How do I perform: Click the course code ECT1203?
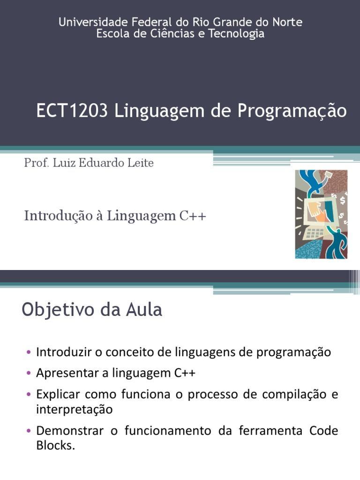coord(72,112)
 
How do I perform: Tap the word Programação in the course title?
coord(292,112)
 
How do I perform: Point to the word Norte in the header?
coord(288,22)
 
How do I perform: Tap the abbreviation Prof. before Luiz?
coord(34,163)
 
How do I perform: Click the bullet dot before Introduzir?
coord(29,352)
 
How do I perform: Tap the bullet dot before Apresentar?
coord(29,374)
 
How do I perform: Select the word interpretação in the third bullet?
coord(74,409)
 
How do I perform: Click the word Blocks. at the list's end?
coord(55,446)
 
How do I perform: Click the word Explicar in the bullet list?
coord(57,394)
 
